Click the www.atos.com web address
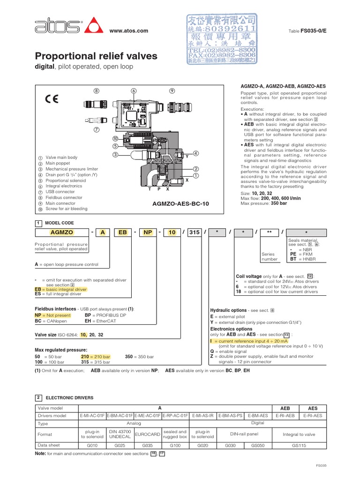tap(128, 31)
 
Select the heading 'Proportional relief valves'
tap(97, 57)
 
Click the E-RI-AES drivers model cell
tap(313, 415)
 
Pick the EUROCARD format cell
tap(147, 435)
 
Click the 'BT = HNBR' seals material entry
tap(302, 259)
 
